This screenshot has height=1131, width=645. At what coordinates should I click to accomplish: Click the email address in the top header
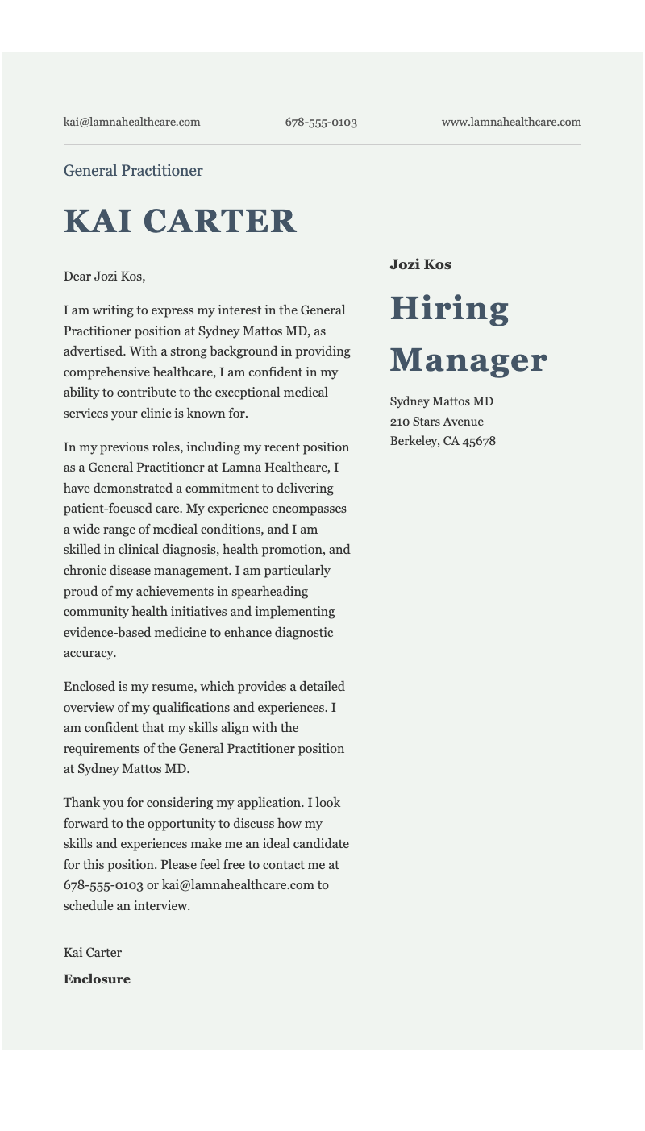tap(131, 123)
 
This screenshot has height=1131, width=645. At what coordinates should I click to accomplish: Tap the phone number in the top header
tap(321, 123)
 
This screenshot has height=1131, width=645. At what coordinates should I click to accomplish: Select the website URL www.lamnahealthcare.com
tap(511, 123)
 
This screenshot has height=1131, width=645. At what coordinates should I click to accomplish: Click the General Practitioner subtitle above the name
tap(133, 171)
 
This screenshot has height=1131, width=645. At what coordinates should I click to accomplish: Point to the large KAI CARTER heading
tap(180, 222)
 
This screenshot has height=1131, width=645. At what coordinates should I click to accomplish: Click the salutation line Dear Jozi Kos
tap(104, 277)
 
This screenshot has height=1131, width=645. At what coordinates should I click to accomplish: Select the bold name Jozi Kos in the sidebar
tap(420, 264)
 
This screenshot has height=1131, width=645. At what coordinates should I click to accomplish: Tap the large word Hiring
tap(449, 309)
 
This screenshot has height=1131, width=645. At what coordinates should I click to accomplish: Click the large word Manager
tap(468, 360)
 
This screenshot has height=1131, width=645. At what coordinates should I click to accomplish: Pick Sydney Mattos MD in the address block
tap(441, 401)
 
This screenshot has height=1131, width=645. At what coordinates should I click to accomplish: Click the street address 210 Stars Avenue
tap(436, 422)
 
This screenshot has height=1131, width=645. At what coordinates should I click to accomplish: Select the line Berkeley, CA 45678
tap(443, 441)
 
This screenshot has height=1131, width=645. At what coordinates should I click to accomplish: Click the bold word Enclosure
tap(97, 979)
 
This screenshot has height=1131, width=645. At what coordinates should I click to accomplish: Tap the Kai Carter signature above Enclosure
tap(93, 953)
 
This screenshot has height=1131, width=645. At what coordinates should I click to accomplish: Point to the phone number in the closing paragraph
tap(103, 885)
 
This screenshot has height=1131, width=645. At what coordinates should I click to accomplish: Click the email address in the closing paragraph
tap(238, 885)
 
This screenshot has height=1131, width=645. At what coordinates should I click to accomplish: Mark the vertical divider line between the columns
tap(377, 621)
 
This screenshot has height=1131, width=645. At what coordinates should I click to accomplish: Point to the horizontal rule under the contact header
tap(322, 145)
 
